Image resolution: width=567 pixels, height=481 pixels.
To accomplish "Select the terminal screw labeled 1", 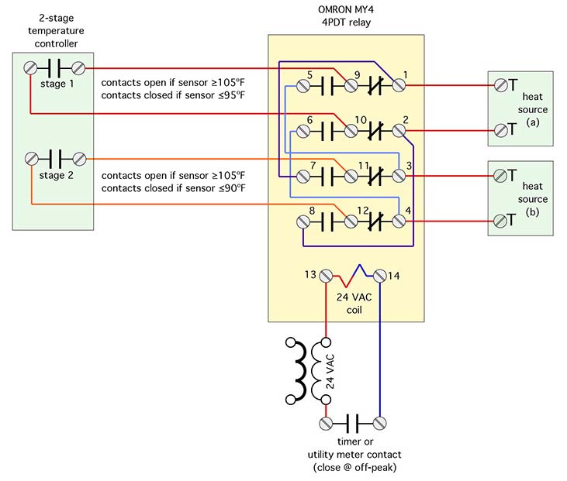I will pyautogui.click(x=399, y=86).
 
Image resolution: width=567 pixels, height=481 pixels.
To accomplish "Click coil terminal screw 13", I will pyautogui.click(x=326, y=275).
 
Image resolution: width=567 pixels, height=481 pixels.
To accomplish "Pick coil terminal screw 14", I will pyautogui.click(x=380, y=275).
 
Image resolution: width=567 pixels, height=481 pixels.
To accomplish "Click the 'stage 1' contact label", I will pyautogui.click(x=52, y=84).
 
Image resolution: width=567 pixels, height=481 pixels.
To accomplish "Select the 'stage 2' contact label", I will pyautogui.click(x=52, y=175).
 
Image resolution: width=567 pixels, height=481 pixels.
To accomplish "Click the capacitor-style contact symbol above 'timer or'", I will pyautogui.click(x=353, y=423).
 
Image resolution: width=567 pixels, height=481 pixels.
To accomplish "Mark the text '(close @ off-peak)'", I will pyautogui.click(x=353, y=468).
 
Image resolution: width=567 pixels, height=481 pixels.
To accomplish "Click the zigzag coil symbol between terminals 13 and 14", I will pyautogui.click(x=353, y=273).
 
